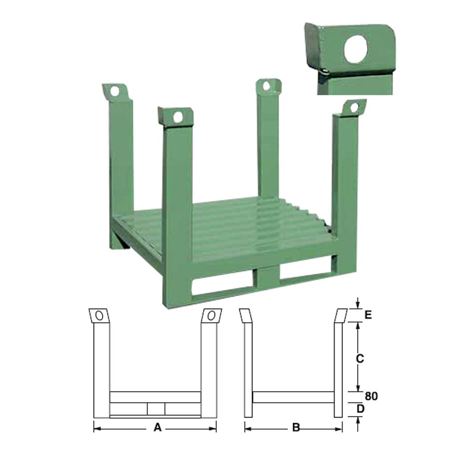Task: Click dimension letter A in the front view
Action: tap(157, 427)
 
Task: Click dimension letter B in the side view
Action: tap(296, 427)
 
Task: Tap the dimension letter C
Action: tap(360, 358)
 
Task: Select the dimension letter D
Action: tap(360, 409)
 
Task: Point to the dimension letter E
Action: tap(368, 315)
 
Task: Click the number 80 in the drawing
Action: tap(371, 396)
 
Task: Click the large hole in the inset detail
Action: tap(356, 49)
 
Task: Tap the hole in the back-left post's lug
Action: tap(114, 91)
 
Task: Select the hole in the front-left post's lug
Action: tap(177, 118)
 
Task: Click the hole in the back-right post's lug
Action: tap(266, 86)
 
